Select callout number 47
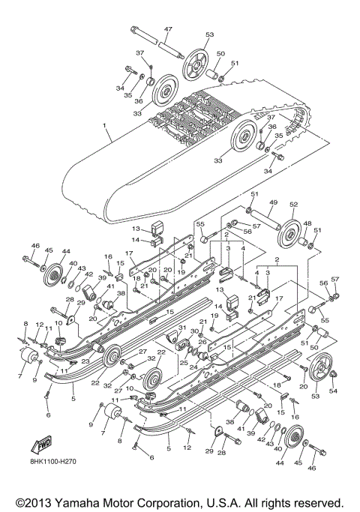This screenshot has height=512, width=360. (x=168, y=29)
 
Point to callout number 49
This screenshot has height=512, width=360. (x=274, y=203)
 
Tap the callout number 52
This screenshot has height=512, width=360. (x=293, y=203)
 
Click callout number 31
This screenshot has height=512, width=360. (x=181, y=328)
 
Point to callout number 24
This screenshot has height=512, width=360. (x=192, y=367)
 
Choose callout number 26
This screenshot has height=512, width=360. (x=202, y=341)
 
